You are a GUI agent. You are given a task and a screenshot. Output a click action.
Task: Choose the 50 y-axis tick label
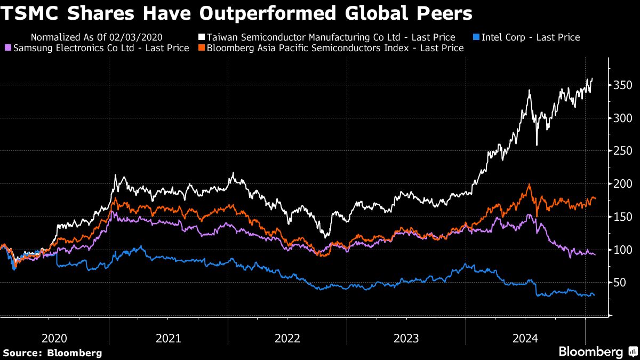pos(620,283)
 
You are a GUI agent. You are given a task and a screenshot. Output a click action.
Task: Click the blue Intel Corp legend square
pos(477,37)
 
